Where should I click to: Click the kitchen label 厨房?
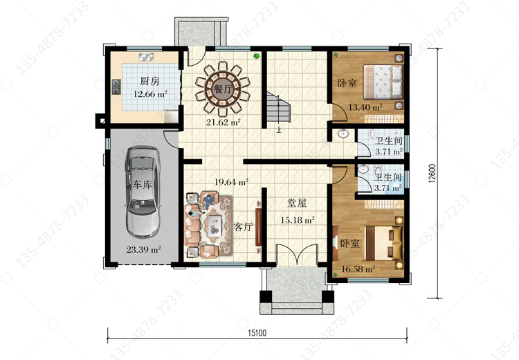pyautogui.click(x=149, y=81)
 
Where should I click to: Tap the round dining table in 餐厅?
pyautogui.click(x=222, y=89)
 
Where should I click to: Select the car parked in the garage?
pyautogui.click(x=143, y=192)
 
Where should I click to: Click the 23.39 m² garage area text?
pyautogui.click(x=143, y=249)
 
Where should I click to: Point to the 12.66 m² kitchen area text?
pyautogui.click(x=150, y=93)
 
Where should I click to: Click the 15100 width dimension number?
pyautogui.click(x=257, y=333)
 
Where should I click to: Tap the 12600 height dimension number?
pyautogui.click(x=432, y=174)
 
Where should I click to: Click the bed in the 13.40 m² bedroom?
pyautogui.click(x=383, y=82)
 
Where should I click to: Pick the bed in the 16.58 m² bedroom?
pyautogui.click(x=383, y=243)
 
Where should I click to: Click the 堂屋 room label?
pyautogui.click(x=297, y=203)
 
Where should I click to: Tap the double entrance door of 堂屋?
pyautogui.click(x=298, y=255)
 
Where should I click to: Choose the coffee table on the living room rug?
pyautogui.click(x=215, y=226)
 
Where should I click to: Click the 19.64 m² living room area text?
pyautogui.click(x=231, y=182)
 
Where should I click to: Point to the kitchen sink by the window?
pyautogui.click(x=146, y=57)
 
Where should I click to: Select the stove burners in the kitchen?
pyautogui.click(x=116, y=87)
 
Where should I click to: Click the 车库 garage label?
pyautogui.click(x=143, y=184)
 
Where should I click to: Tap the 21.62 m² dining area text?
pyautogui.click(x=223, y=123)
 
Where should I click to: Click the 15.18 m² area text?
pyautogui.click(x=298, y=219)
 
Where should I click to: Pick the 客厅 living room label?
pyautogui.click(x=244, y=227)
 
